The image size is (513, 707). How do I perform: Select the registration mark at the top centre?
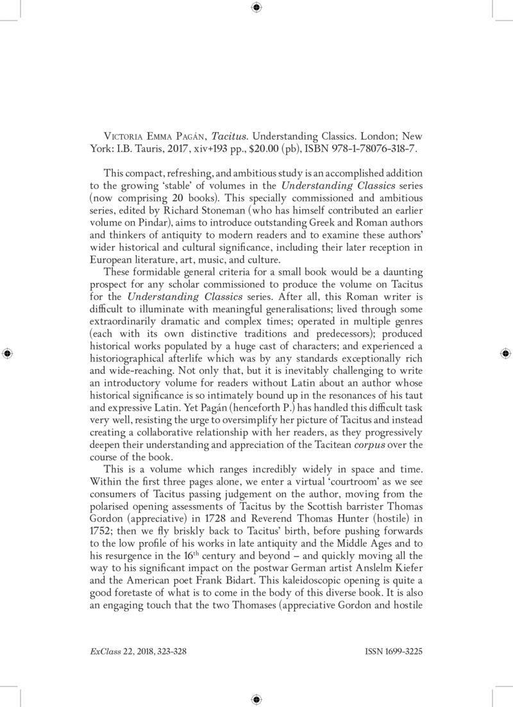256,8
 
